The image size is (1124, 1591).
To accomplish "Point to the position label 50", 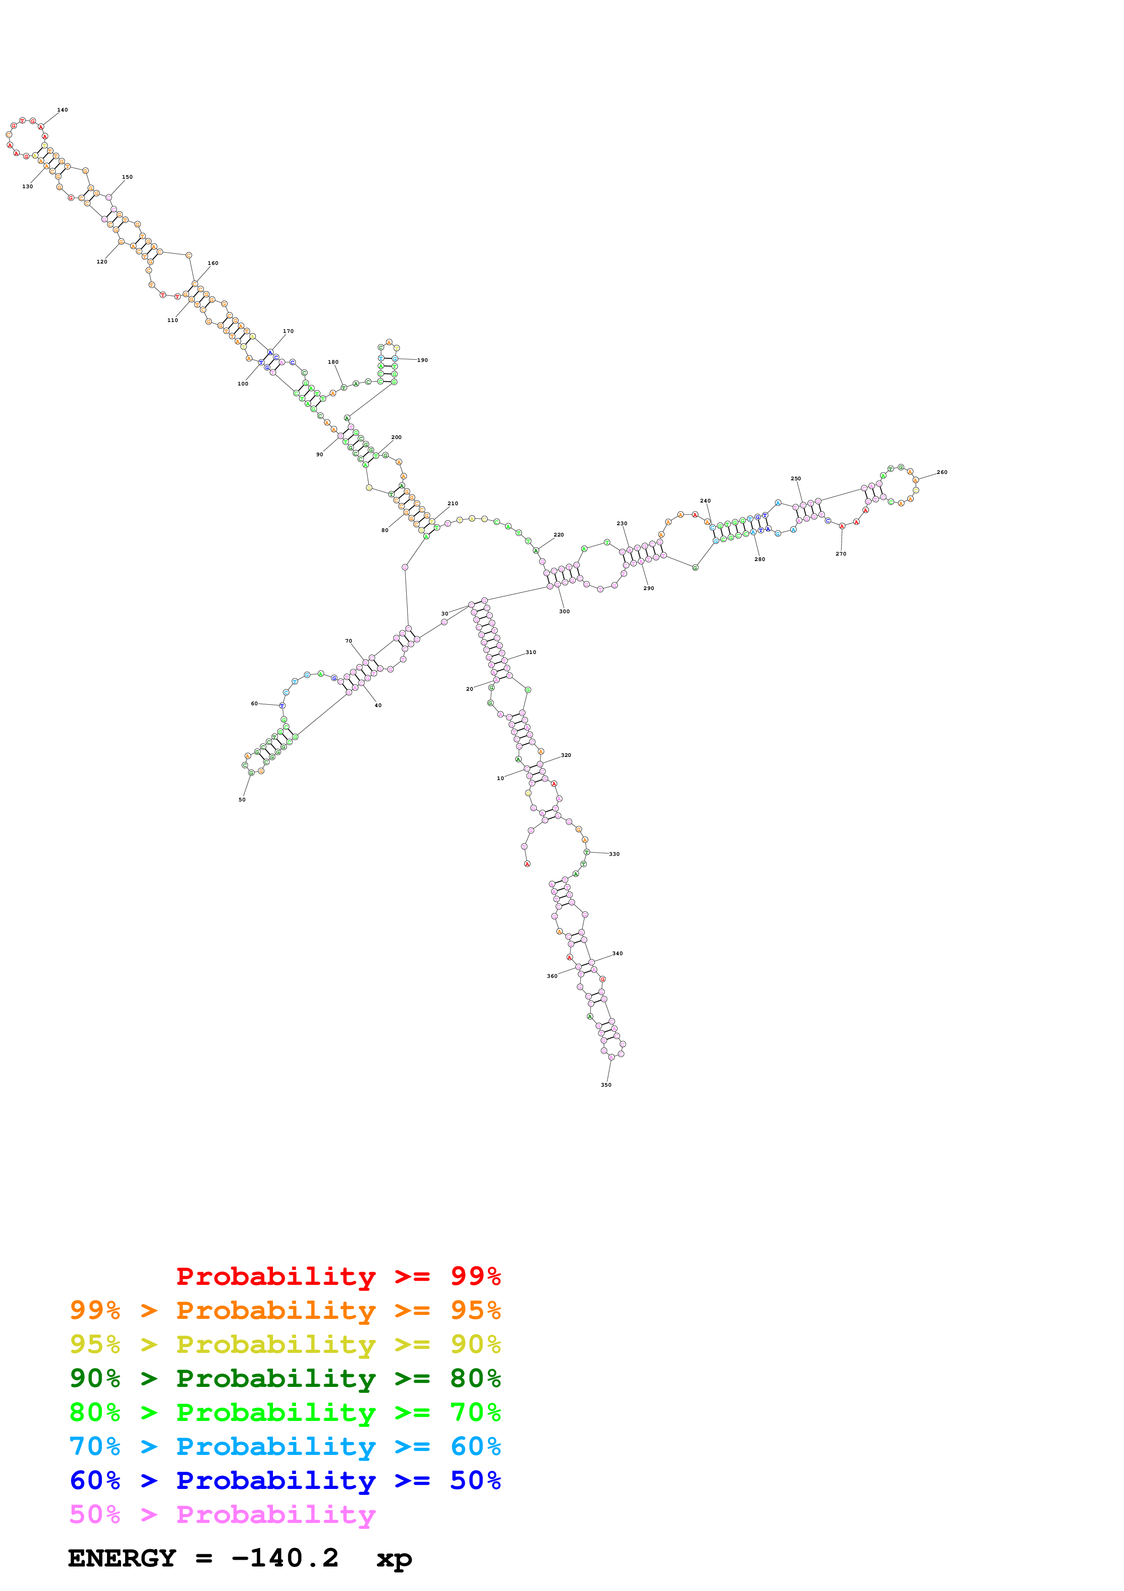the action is pyautogui.click(x=242, y=800).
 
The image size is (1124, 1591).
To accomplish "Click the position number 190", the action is pyautogui.click(x=423, y=360).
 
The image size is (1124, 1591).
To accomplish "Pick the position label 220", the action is pyautogui.click(x=559, y=535).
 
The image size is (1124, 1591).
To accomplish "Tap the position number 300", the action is pyautogui.click(x=564, y=612).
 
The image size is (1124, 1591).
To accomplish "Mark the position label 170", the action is pyautogui.click(x=288, y=331).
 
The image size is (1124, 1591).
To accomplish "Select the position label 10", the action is pyautogui.click(x=500, y=779).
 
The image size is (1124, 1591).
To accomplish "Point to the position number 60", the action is pyautogui.click(x=254, y=704).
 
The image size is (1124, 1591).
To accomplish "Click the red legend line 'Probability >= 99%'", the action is pyautogui.click(x=338, y=1276).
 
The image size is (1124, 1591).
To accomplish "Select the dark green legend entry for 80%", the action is pyautogui.click(x=285, y=1379).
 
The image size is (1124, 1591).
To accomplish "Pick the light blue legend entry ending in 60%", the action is pyautogui.click(x=285, y=1447).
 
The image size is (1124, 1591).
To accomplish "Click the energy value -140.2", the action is pyautogui.click(x=285, y=1558).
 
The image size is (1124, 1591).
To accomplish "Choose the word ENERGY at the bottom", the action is pyautogui.click(x=122, y=1558).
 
